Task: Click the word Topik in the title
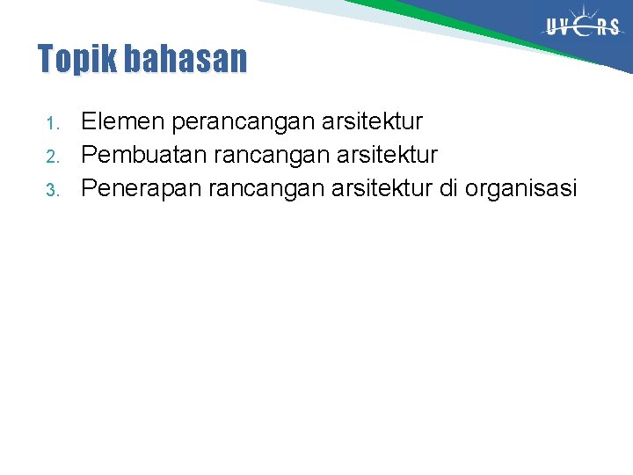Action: (x=78, y=60)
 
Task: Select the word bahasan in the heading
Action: (x=186, y=59)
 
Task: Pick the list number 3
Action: (x=52, y=189)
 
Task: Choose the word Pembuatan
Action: (x=142, y=155)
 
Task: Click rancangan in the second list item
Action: (x=261, y=156)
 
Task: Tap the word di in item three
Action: (x=447, y=188)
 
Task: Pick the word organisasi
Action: (x=522, y=189)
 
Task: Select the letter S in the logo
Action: (x=613, y=27)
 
